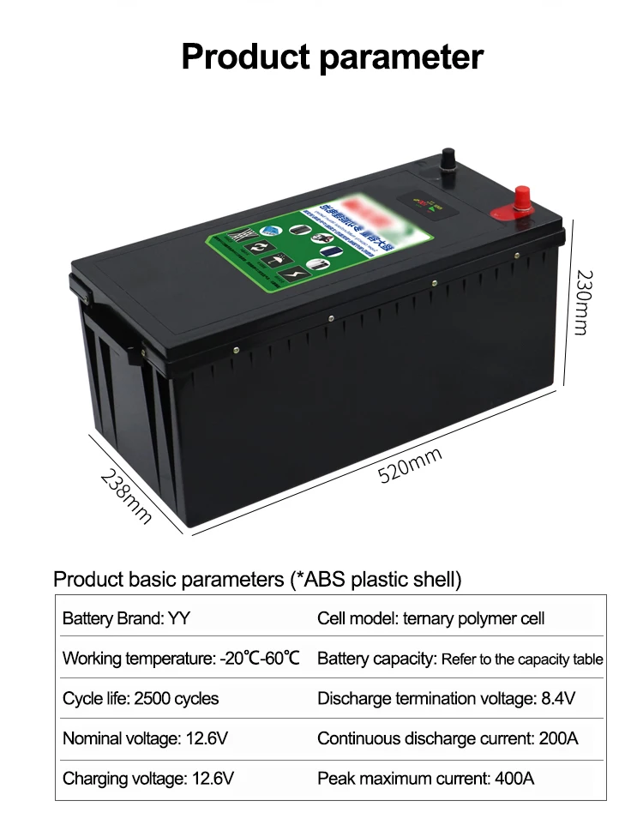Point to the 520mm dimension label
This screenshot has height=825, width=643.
pyautogui.click(x=411, y=465)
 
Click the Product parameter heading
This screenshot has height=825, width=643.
pyautogui.click(x=333, y=57)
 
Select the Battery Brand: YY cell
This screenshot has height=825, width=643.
pyautogui.click(x=125, y=618)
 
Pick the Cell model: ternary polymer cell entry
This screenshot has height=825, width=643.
pyautogui.click(x=430, y=618)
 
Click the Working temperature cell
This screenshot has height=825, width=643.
pyautogui.click(x=181, y=659)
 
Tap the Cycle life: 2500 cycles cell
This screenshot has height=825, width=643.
pyautogui.click(x=141, y=698)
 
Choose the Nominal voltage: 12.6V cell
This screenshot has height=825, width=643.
pyautogui.click(x=145, y=738)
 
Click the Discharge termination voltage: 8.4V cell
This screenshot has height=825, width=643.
pyautogui.click(x=446, y=698)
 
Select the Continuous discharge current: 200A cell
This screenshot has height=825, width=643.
pyautogui.click(x=448, y=738)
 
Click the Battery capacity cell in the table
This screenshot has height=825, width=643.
pyautogui.click(x=460, y=659)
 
